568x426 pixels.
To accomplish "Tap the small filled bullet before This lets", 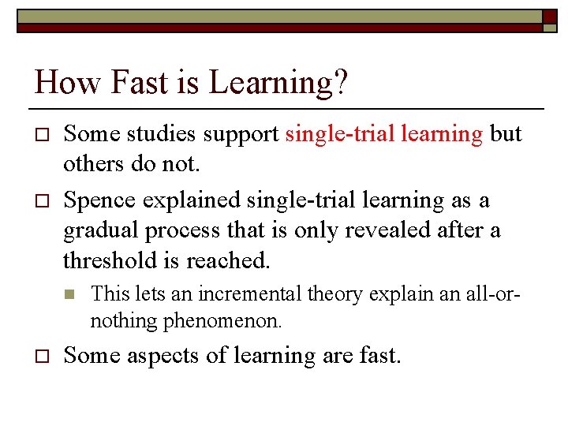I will click(69, 294).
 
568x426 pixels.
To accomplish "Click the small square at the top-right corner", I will click(549, 17).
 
